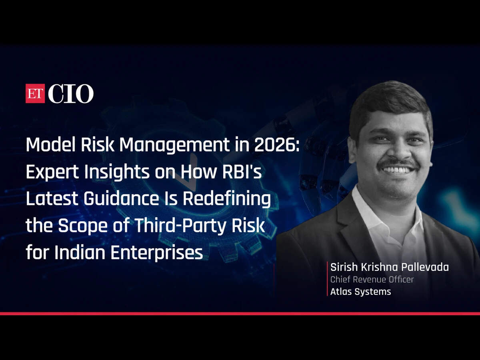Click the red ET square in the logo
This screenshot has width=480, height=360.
pos(35,93)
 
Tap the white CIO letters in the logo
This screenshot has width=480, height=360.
pos(71,94)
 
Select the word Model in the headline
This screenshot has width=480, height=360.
pos(52,144)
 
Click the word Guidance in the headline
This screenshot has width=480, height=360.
pos(121,198)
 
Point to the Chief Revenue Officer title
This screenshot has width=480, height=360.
pos(372,279)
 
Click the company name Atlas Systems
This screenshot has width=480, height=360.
pos(361,292)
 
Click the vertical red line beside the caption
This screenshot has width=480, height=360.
pos(327,279)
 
